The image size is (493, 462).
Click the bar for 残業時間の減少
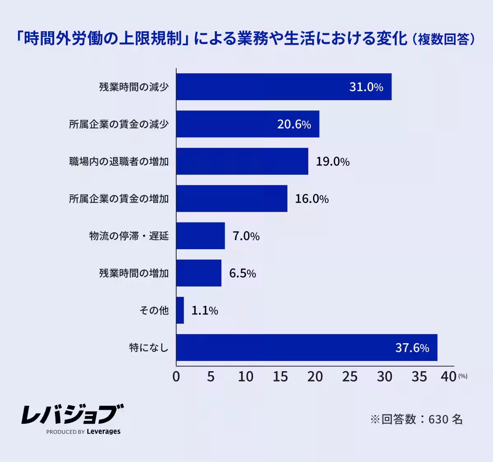click(x=283, y=87)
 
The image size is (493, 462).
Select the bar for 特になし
click(x=306, y=348)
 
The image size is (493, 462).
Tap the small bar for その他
click(x=180, y=310)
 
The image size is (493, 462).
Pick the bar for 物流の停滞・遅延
click(x=200, y=236)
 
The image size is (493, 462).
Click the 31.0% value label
click(x=366, y=87)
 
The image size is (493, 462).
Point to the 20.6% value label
click(x=294, y=124)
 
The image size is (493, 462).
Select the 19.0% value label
click(x=332, y=162)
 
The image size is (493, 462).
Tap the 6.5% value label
click(x=242, y=273)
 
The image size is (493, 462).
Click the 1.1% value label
click(x=205, y=311)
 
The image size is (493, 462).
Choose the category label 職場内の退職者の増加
click(x=119, y=162)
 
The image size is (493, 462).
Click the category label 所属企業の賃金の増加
click(x=119, y=199)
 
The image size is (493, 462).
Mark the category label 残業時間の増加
click(x=134, y=273)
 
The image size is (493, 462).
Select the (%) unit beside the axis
click(x=463, y=376)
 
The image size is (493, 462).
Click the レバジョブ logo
click(x=72, y=414)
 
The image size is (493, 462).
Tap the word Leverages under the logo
click(x=104, y=432)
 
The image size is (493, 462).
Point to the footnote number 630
click(x=438, y=419)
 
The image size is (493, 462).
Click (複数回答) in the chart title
click(x=443, y=39)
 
